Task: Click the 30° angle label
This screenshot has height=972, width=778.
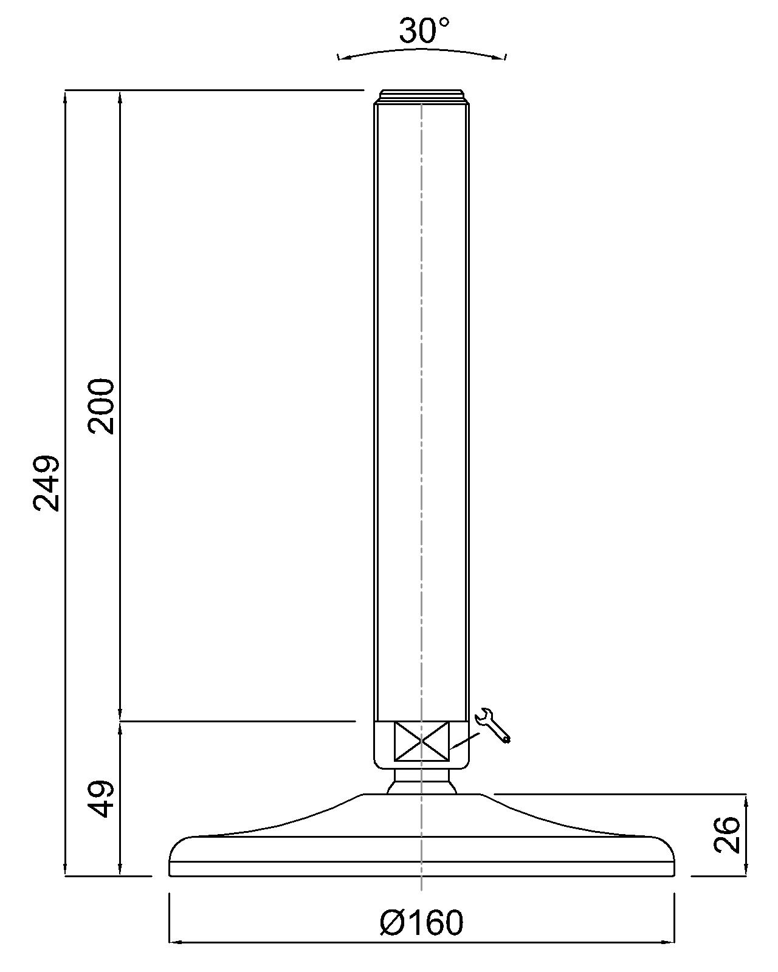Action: pyautogui.click(x=424, y=31)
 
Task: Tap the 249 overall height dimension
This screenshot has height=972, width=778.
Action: pyautogui.click(x=46, y=483)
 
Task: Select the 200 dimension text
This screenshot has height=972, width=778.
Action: pyautogui.click(x=102, y=406)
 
